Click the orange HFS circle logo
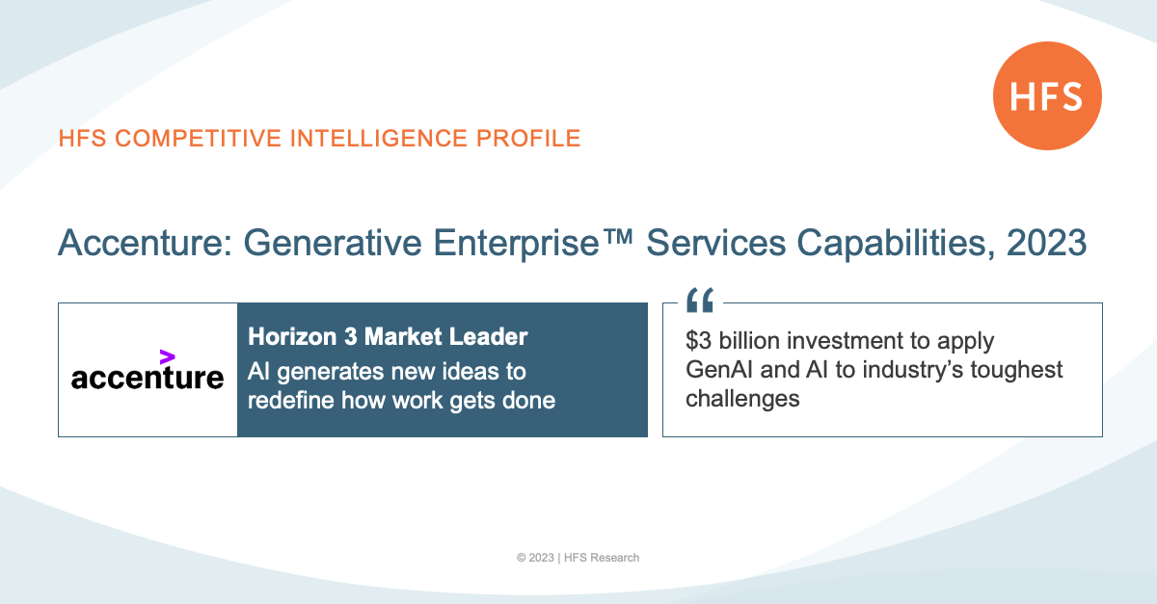[1047, 96]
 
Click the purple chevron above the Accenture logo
[168, 356]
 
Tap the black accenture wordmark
[148, 378]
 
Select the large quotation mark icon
[700, 300]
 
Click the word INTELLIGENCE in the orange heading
[378, 139]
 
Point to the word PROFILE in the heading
[528, 139]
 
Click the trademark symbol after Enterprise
[617, 236]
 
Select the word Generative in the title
[333, 243]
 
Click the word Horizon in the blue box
[292, 336]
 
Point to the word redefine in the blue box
[291, 400]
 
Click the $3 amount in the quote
[698, 341]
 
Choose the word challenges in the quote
[742, 399]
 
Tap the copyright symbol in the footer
[522, 558]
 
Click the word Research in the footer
[615, 558]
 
